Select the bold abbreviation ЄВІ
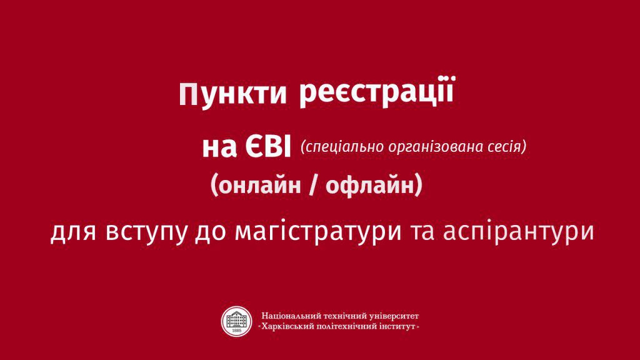point(268,147)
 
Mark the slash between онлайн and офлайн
point(313,186)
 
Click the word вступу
point(147,232)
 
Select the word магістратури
point(318,232)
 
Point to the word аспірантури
point(518,232)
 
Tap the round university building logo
point(237,322)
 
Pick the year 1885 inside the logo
point(237,331)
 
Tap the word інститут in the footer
point(398,326)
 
